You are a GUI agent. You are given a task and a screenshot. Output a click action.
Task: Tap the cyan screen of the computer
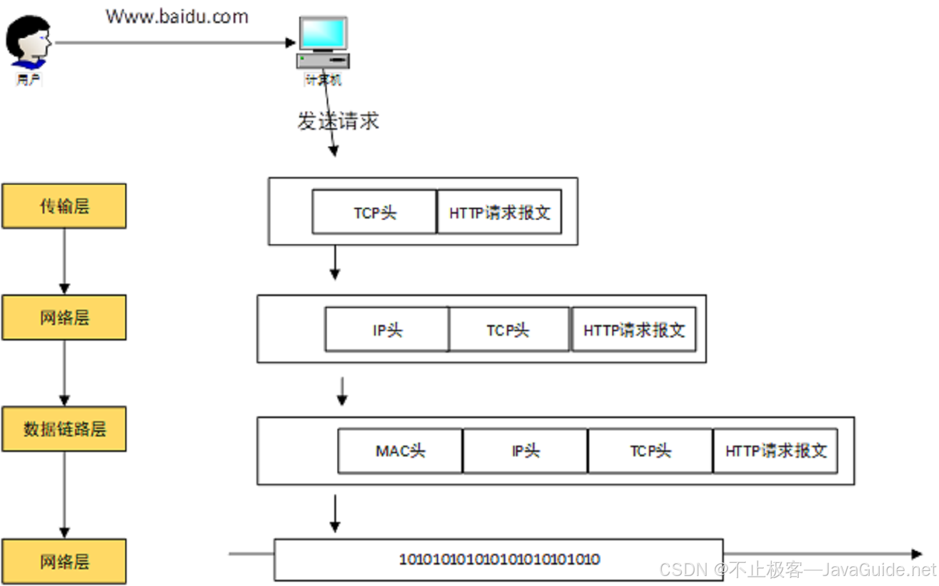[x=323, y=33]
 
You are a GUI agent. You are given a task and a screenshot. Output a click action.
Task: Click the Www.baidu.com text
[x=177, y=17]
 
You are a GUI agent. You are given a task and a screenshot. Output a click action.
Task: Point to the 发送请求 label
[x=339, y=121]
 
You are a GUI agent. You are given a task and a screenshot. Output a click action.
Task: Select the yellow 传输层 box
[x=64, y=206]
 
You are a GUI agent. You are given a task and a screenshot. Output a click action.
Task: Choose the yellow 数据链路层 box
[x=64, y=429]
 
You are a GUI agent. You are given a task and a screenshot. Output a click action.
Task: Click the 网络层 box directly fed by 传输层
[x=64, y=317]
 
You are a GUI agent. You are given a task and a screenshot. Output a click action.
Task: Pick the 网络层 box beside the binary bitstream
[x=64, y=562]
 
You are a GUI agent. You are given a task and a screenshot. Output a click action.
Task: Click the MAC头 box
[x=400, y=451]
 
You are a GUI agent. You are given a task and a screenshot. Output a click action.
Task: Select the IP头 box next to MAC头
[x=525, y=451]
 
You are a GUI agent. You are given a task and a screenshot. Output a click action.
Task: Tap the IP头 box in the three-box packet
[x=387, y=330]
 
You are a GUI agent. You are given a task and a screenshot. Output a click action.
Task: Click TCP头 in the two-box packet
[x=374, y=213]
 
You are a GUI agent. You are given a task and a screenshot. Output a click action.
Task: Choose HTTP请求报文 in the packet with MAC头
[x=776, y=451]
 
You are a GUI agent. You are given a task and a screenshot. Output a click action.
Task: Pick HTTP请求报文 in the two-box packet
[x=499, y=213]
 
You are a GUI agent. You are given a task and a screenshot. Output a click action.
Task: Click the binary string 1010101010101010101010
[x=499, y=559]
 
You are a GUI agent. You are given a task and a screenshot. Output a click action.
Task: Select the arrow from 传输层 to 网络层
[x=64, y=260]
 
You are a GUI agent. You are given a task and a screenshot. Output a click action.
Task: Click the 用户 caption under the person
[x=28, y=80]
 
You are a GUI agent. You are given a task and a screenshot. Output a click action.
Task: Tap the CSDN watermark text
[x=798, y=570]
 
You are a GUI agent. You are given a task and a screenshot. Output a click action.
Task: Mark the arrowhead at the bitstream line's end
[x=916, y=554]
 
